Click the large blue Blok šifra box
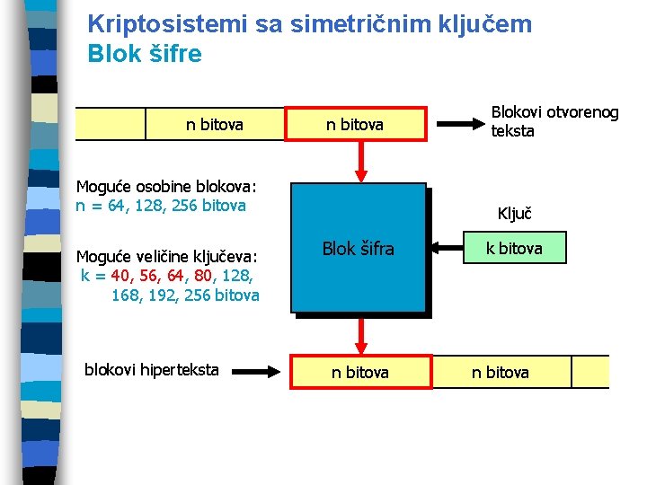click(x=359, y=248)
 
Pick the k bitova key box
click(x=514, y=248)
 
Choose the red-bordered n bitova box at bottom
click(x=359, y=371)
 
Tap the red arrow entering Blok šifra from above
click(x=360, y=162)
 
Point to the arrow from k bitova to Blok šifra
click(x=443, y=248)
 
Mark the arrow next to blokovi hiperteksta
click(x=260, y=369)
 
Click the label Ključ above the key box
click(x=515, y=214)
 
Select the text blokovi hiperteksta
click(x=151, y=369)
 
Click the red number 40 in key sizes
click(x=119, y=276)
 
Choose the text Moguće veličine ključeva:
click(x=166, y=256)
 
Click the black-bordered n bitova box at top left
click(x=215, y=125)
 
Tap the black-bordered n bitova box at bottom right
click(x=501, y=371)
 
